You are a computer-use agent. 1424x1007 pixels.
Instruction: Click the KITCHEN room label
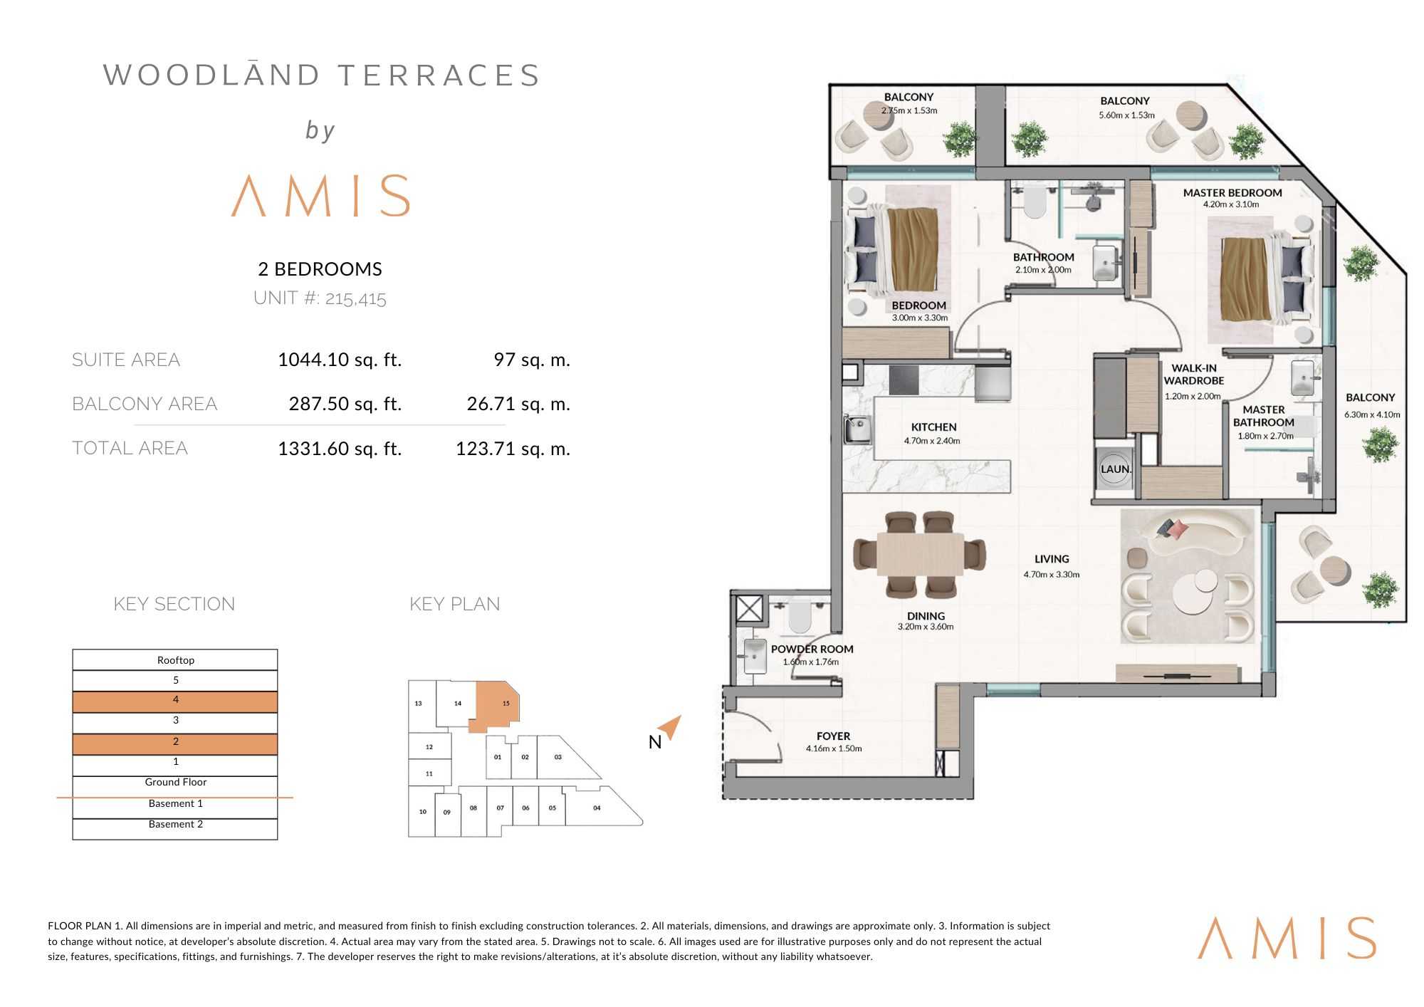point(933,427)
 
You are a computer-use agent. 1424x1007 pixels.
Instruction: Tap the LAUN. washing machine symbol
point(1115,468)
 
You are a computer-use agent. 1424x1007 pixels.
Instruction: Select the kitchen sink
point(857,429)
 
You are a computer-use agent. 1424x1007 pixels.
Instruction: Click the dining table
point(920,553)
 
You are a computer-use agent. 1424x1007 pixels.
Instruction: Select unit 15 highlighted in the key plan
point(498,706)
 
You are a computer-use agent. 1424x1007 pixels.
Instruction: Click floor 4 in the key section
point(175,701)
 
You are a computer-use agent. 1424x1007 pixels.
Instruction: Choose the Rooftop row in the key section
point(175,659)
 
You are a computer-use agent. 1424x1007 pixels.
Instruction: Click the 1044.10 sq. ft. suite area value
point(340,360)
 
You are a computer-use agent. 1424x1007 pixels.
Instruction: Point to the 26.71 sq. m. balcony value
point(518,404)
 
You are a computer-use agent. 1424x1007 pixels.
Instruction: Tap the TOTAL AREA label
point(130,448)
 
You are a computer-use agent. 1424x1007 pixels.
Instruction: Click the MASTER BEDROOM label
point(1232,193)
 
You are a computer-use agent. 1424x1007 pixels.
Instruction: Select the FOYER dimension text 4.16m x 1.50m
point(834,748)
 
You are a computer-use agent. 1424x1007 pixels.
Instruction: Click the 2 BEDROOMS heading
point(320,269)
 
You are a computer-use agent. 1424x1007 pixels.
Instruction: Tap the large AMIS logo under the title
point(321,195)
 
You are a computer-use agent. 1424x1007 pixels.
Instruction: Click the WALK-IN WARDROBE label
point(1194,375)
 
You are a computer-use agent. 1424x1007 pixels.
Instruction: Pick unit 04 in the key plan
point(597,808)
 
